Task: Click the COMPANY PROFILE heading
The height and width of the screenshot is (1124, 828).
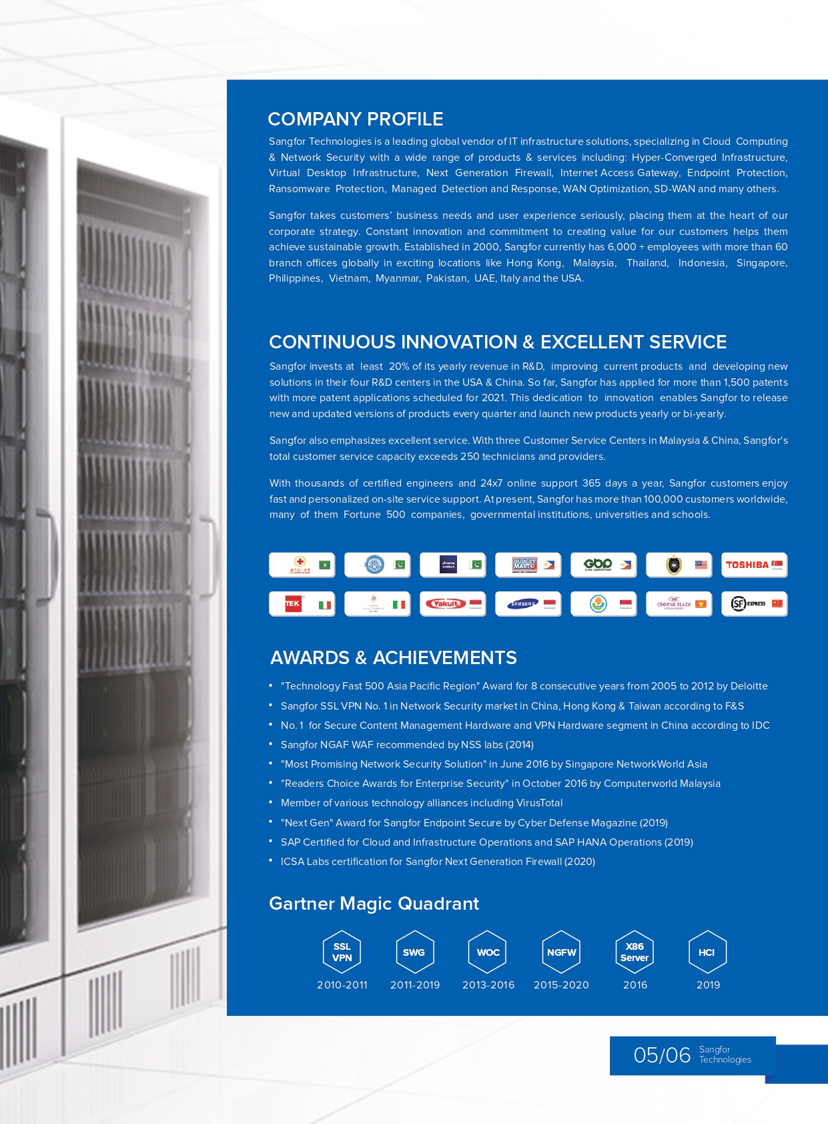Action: pyautogui.click(x=355, y=119)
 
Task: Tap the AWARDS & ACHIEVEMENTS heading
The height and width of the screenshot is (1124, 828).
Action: pyautogui.click(x=393, y=658)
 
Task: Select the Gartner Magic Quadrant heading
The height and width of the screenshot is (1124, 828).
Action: pyautogui.click(x=374, y=904)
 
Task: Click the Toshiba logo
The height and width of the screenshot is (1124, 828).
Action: pyautogui.click(x=747, y=565)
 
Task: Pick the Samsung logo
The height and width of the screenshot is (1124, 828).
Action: pyautogui.click(x=522, y=604)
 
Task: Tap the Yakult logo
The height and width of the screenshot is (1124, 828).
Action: pyautogui.click(x=446, y=604)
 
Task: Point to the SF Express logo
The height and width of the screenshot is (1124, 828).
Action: pyautogui.click(x=748, y=604)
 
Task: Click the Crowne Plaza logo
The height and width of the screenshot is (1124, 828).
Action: pyautogui.click(x=673, y=604)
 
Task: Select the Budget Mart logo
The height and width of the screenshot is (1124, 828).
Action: pyautogui.click(x=524, y=565)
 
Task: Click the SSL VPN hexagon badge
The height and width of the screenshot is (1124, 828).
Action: pyautogui.click(x=342, y=952)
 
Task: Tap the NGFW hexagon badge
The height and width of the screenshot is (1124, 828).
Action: pyautogui.click(x=561, y=952)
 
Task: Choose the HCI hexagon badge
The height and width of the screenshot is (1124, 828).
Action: pyautogui.click(x=707, y=952)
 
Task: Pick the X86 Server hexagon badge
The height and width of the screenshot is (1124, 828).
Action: pyautogui.click(x=635, y=952)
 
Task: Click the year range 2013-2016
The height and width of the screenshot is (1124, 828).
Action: pyautogui.click(x=488, y=985)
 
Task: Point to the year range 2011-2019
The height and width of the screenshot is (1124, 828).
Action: pyautogui.click(x=415, y=985)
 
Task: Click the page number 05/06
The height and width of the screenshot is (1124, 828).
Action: pyautogui.click(x=661, y=1055)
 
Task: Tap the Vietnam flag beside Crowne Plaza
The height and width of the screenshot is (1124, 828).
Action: pyautogui.click(x=701, y=604)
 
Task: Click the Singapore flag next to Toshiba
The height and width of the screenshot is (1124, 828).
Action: pyautogui.click(x=777, y=565)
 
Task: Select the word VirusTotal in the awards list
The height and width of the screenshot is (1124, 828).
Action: pyautogui.click(x=539, y=803)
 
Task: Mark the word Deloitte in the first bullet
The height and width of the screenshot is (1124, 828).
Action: pyautogui.click(x=749, y=686)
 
